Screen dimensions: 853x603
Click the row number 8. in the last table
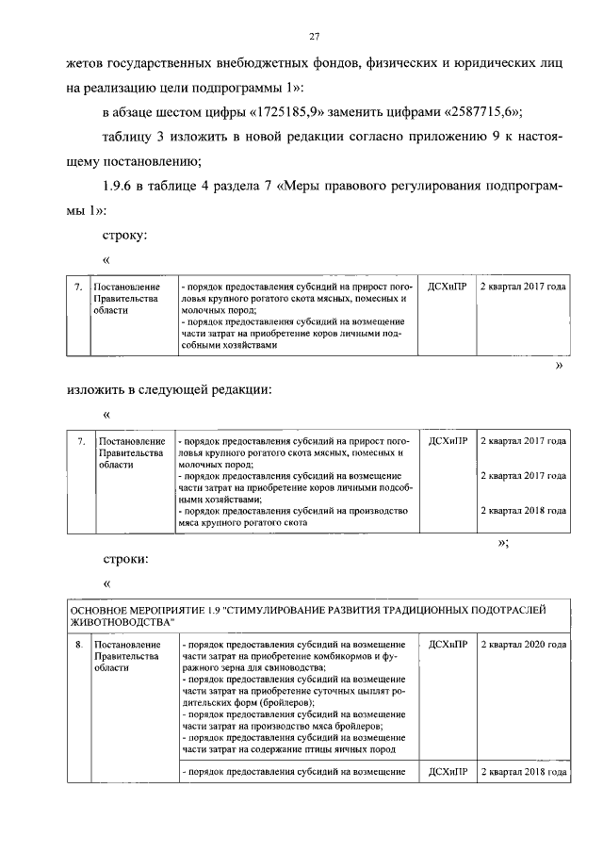(78, 645)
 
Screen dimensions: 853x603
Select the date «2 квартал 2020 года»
(523, 645)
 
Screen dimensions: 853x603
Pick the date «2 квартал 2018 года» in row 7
(523, 511)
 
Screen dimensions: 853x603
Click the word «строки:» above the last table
(123, 559)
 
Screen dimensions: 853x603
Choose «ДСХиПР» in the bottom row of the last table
(448, 772)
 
